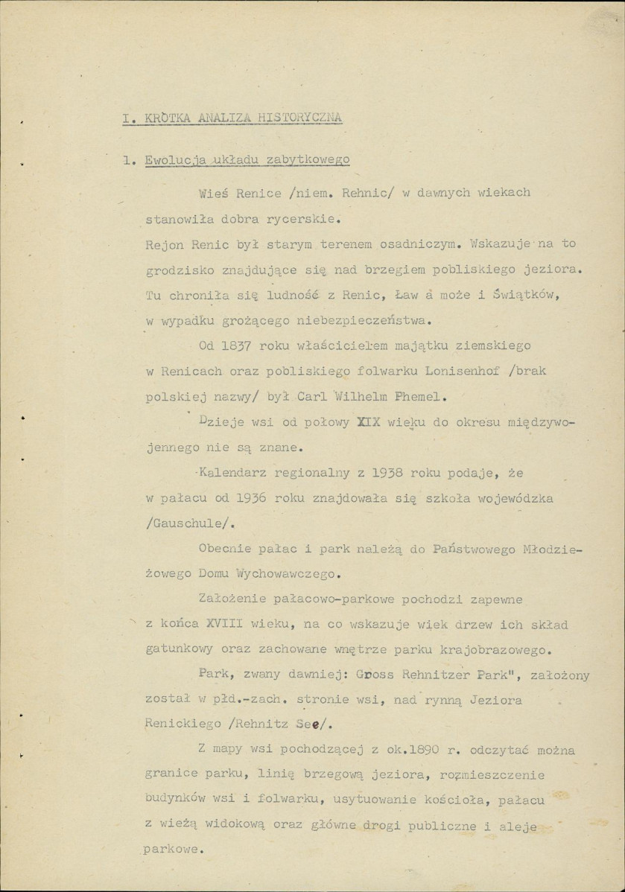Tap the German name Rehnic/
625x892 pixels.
(x=367, y=192)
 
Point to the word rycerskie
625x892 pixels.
(x=300, y=220)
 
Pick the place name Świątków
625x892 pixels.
(x=525, y=294)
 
